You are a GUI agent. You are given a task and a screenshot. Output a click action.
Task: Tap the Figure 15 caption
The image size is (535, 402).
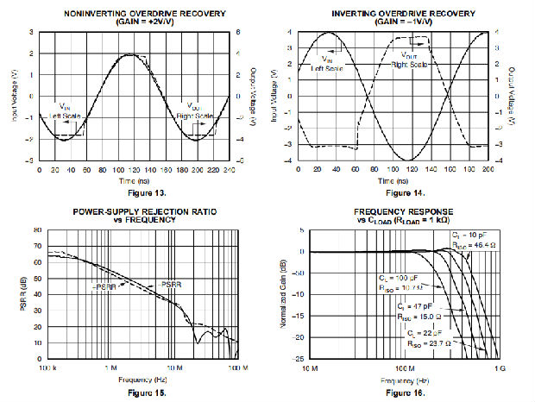[x=133, y=393]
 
